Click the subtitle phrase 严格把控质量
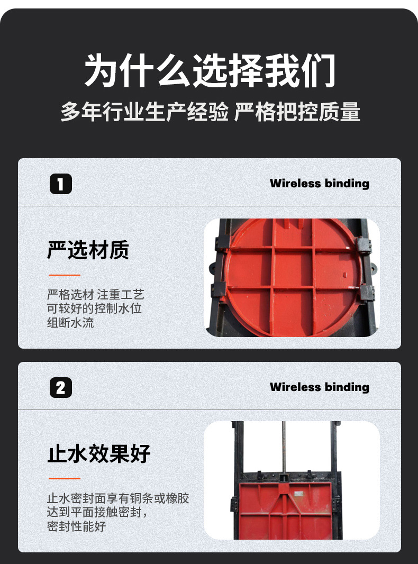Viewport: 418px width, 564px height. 297,112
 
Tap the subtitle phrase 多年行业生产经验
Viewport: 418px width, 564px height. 144,112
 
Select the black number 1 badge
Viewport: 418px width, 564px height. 60,184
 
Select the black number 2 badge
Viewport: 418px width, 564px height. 60,388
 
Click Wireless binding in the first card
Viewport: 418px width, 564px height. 319,184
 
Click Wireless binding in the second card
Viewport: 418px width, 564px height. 319,387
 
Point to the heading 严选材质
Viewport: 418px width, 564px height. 88,250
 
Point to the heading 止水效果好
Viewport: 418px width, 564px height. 99,454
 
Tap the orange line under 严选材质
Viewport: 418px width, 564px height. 64,275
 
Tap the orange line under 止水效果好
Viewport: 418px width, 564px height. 64,479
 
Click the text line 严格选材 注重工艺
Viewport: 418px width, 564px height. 95,295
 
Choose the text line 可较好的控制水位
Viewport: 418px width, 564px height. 94,308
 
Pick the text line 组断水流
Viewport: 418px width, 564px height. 70,322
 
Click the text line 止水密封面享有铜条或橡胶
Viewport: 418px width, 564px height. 117,498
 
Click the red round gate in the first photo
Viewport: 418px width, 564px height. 293,278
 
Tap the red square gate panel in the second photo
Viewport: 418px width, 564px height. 286,511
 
